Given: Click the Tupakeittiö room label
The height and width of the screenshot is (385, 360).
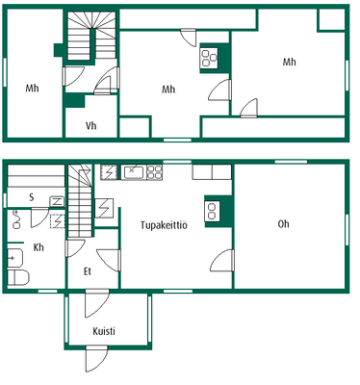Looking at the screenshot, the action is click(164, 225).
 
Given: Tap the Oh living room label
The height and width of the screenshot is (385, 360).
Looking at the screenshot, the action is click(283, 223).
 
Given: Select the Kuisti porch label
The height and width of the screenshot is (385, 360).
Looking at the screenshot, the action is click(104, 331).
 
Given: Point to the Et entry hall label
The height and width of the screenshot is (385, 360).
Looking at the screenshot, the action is click(88, 271).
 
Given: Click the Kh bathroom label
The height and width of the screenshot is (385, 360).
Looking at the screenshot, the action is click(39, 247).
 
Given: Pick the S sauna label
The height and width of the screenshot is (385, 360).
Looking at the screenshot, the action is click(32, 197).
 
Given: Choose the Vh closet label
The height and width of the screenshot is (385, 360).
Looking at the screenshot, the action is click(91, 125).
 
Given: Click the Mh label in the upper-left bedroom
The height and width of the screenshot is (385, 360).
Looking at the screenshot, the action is click(32, 88).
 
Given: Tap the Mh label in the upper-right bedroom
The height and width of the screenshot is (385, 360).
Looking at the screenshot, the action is click(289, 62).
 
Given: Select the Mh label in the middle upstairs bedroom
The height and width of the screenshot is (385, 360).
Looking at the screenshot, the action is click(168, 89).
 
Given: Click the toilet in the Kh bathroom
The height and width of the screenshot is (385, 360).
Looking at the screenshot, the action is click(18, 277).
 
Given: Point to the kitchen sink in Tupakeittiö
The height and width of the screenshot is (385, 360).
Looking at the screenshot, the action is click(133, 172).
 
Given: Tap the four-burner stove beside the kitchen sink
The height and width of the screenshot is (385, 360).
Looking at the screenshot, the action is click(155, 172).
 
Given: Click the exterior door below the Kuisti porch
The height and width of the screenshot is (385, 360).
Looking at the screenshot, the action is click(96, 359).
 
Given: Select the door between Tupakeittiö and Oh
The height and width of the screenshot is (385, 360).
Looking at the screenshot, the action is click(222, 261).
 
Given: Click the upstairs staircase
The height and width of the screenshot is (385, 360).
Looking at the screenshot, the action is click(91, 36).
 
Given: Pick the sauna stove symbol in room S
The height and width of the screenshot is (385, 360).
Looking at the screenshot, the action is click(57, 202).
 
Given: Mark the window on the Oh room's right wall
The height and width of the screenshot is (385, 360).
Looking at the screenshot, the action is click(347, 230).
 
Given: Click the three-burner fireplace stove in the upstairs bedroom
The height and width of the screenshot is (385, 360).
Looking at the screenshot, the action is click(209, 58).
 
